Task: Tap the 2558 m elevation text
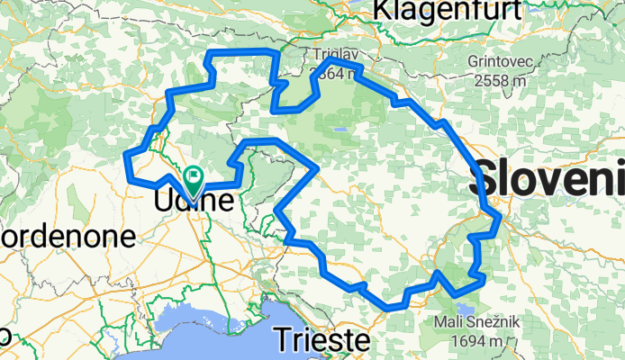498,80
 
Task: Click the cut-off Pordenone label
68,238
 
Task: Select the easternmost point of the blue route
499,217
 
